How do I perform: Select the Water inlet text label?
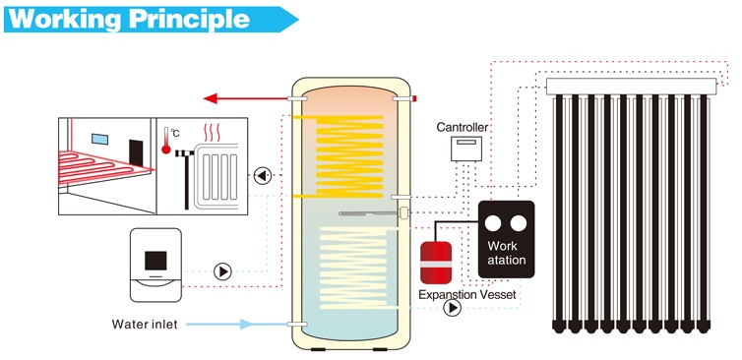click(x=145, y=324)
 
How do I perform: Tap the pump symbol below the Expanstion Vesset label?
click(x=452, y=308)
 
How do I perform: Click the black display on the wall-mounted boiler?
click(x=155, y=260)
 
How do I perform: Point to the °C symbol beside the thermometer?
click(x=174, y=132)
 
